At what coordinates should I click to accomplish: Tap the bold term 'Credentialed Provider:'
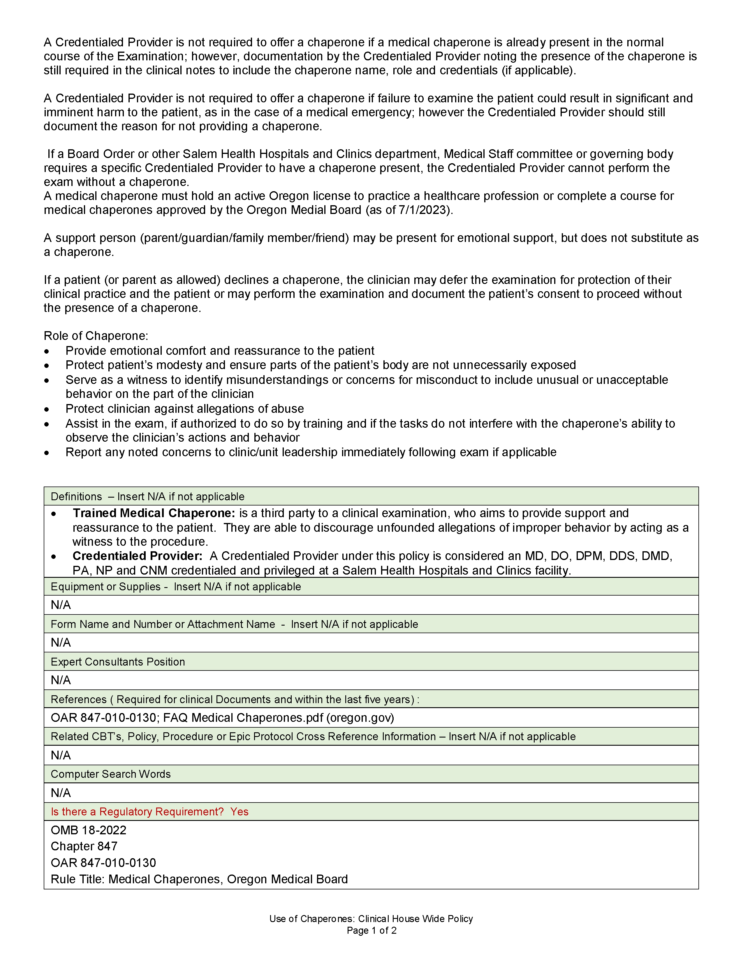137,556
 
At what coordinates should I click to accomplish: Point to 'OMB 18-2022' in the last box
89,830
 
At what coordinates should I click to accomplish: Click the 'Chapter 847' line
84,846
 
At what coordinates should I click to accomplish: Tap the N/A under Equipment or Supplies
61,605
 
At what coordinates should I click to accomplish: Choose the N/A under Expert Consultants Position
61,680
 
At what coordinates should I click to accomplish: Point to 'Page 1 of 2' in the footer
371,931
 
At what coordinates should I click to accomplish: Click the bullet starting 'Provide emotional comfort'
220,351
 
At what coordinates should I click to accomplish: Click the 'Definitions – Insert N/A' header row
147,496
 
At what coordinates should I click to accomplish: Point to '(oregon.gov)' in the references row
360,718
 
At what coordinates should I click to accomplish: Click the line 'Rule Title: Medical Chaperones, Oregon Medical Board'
199,879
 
